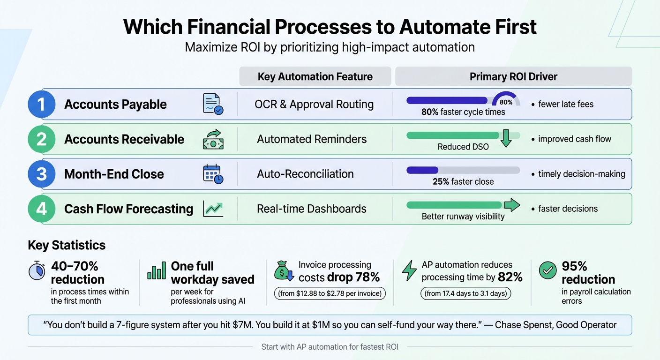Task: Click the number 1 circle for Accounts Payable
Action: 42,104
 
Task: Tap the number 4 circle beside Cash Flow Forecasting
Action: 42,209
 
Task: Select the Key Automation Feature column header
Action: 315,76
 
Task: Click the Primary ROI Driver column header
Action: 513,76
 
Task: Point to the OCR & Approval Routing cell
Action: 314,104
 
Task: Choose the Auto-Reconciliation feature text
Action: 305,174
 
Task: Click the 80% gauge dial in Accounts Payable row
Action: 506,100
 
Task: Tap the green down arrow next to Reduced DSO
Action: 505,139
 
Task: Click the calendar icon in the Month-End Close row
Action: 213,174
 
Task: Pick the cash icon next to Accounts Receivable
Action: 213,139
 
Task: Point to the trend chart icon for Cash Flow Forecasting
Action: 213,209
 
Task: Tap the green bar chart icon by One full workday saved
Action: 157,271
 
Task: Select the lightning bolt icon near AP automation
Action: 409,271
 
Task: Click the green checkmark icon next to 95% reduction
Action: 547,270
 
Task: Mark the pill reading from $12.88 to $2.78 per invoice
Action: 330,294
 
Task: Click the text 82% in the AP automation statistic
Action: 510,277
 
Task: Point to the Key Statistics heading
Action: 67,245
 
